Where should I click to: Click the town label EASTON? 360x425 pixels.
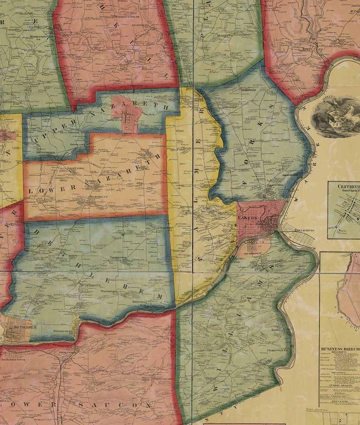(x=245, y=218)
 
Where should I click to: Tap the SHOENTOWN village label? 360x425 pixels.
(x=75, y=169)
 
